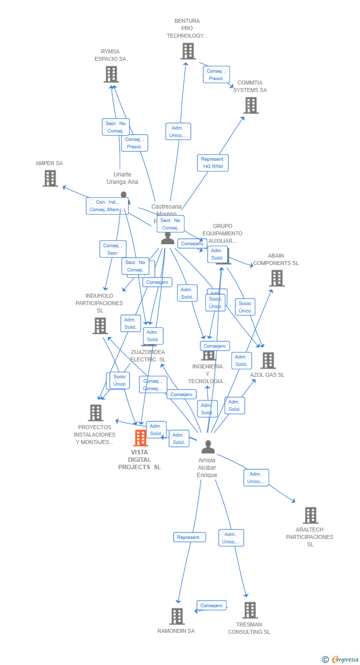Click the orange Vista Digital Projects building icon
pyautogui.click(x=140, y=438)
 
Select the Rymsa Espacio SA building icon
pyautogui.click(x=111, y=74)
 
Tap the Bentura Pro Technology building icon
pyautogui.click(x=188, y=51)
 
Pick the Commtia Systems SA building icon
pyautogui.click(x=251, y=105)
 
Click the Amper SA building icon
pyautogui.click(x=50, y=178)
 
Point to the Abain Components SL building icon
pyautogui.click(x=277, y=278)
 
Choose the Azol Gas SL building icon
pyautogui.click(x=268, y=360)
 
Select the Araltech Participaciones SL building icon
pyautogui.click(x=310, y=515)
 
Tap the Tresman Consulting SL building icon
pyautogui.click(x=250, y=610)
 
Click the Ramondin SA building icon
pyautogui.click(x=177, y=617)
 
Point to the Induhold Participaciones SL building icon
pyautogui.click(x=100, y=326)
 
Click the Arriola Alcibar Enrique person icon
pyautogui.click(x=208, y=447)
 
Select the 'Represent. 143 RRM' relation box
pyautogui.click(x=213, y=163)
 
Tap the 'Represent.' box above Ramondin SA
pyautogui.click(x=189, y=537)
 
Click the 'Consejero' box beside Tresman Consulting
pyautogui.click(x=211, y=605)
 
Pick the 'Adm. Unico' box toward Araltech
pyautogui.click(x=256, y=478)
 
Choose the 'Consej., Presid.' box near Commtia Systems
pyautogui.click(x=216, y=75)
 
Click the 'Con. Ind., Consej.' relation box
pyautogui.click(x=107, y=206)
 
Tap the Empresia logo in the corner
pyautogui.click(x=341, y=659)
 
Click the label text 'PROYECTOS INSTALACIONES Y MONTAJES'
pyautogui.click(x=94, y=435)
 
